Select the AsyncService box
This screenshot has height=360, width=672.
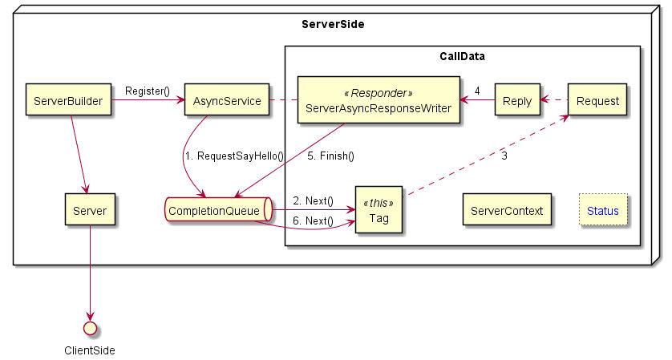227,100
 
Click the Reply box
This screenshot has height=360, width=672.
516,100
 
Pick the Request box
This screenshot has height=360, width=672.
597,100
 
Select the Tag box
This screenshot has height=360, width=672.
379,210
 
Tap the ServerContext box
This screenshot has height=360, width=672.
507,210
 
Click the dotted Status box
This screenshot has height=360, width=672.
603,210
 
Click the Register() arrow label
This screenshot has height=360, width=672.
147,91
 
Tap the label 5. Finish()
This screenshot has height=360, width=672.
330,156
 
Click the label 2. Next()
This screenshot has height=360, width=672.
313,200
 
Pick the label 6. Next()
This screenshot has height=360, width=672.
313,220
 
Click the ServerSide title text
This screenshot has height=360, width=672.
333,24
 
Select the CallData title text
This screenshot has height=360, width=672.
463,57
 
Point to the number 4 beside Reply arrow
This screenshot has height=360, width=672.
477,91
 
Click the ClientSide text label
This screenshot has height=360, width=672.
90,350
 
